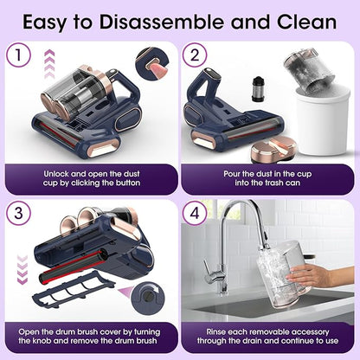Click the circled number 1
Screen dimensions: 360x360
coord(18,55)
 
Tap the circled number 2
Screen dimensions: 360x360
coord(195,55)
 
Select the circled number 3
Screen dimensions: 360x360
coord(18,213)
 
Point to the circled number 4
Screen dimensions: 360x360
coord(195,213)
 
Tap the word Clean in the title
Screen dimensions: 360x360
coord(306,22)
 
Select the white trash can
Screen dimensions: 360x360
coord(323,121)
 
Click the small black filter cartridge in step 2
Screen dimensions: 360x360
coord(257,89)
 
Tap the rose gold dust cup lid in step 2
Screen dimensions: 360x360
coord(273,150)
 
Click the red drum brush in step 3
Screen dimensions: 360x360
coord(71,267)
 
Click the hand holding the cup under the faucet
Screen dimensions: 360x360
coord(320,275)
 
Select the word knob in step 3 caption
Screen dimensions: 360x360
coord(42,341)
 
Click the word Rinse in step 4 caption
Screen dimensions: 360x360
coord(217,332)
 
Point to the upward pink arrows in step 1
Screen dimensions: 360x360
coord(49,64)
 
